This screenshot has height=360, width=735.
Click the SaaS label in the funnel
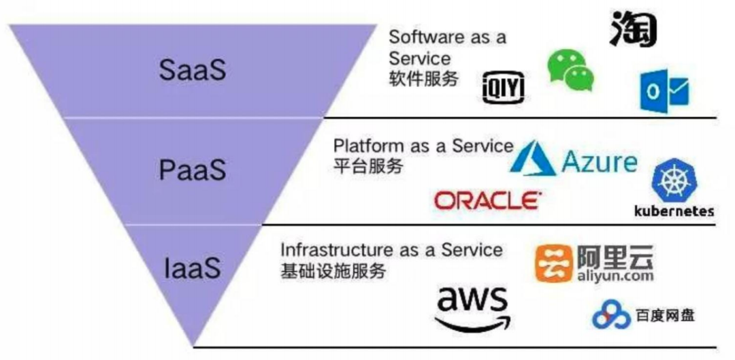192,70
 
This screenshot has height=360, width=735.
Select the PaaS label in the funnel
192,170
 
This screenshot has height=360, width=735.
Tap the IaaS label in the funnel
193,267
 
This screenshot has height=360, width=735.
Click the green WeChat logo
570,70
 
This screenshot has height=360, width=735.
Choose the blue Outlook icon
664,92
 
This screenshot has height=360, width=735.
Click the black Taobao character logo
632,29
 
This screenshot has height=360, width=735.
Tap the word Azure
600,163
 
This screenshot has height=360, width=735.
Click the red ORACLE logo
487,200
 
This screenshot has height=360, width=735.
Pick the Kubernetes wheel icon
671,181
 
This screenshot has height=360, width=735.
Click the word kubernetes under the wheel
673,211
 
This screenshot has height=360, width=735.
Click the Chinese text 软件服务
423,78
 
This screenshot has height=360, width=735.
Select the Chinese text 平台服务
367,165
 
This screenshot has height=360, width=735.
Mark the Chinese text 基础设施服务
333,270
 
